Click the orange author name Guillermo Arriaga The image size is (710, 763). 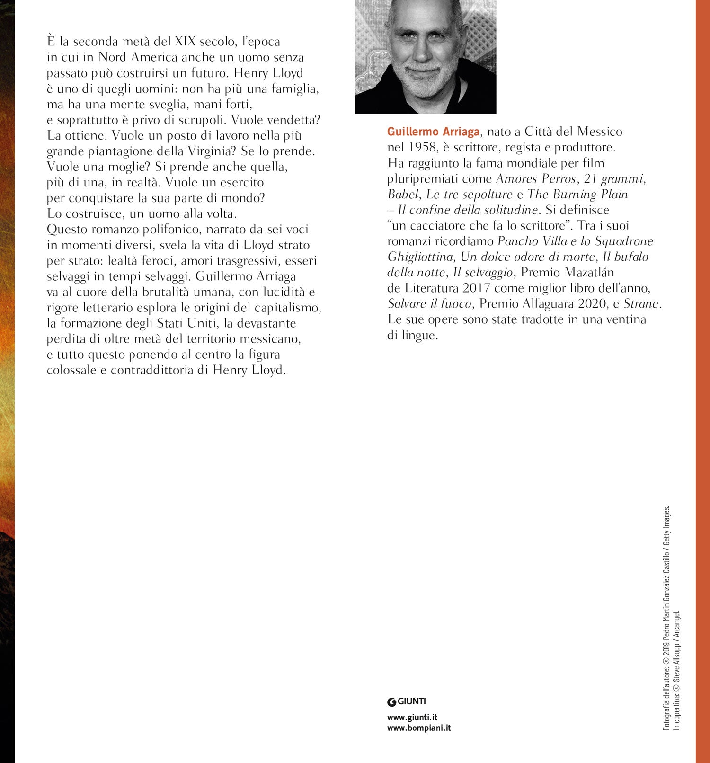tap(433, 132)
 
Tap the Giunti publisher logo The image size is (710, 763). tap(407, 701)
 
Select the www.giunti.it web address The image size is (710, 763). tap(412, 718)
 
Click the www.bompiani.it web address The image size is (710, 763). tap(418, 728)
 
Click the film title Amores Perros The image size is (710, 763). tap(536, 179)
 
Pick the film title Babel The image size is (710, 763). tap(403, 195)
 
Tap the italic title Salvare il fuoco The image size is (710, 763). tap(429, 304)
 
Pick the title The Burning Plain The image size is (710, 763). tap(577, 195)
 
